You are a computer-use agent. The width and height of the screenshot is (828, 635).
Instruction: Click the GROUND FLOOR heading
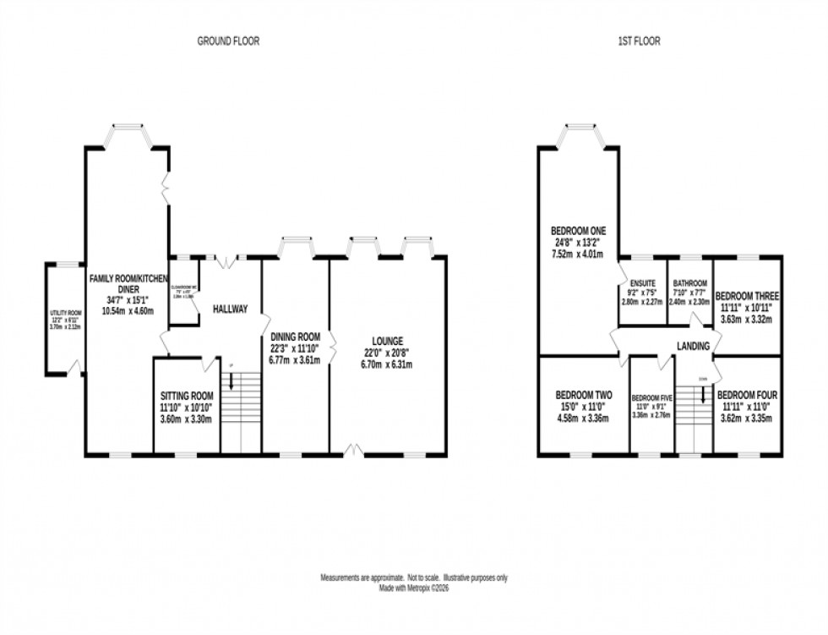click(x=228, y=41)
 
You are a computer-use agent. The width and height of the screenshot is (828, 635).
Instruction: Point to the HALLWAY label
click(x=229, y=309)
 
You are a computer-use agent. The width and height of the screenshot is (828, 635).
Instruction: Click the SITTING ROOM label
click(x=186, y=395)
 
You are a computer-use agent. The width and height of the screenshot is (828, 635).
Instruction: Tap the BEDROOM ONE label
click(x=579, y=230)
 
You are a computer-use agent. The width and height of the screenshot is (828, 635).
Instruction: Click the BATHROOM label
click(x=689, y=284)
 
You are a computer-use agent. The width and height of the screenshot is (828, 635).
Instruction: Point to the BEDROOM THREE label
click(x=747, y=296)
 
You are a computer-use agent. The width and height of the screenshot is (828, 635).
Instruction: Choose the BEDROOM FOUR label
click(x=747, y=394)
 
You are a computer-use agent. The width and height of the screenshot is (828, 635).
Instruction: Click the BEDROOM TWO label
click(x=583, y=394)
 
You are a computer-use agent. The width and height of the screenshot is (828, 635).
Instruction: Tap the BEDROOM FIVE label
click(x=651, y=397)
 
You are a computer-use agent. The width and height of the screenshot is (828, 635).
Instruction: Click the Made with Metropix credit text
click(x=413, y=588)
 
